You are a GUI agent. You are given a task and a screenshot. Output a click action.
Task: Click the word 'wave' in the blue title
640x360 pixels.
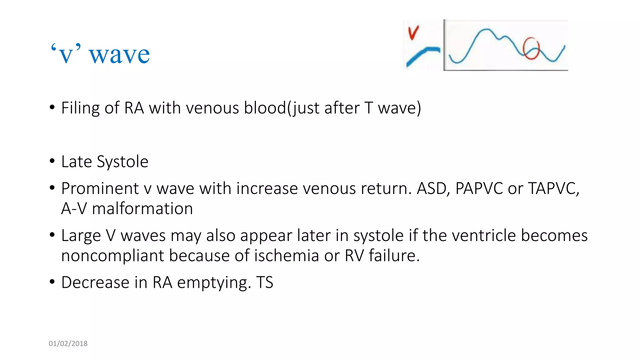pyautogui.click(x=119, y=55)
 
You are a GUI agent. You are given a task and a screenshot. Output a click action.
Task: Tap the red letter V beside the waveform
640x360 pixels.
pyautogui.click(x=413, y=33)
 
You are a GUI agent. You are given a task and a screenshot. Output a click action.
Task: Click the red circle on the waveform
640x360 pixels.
pyautogui.click(x=531, y=48)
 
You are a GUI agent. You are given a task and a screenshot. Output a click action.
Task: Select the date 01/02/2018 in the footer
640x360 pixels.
pyautogui.click(x=68, y=343)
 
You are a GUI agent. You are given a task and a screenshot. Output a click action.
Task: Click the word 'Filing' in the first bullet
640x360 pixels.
pyautogui.click(x=80, y=108)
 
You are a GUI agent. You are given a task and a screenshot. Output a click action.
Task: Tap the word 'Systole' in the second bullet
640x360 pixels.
pyautogui.click(x=122, y=162)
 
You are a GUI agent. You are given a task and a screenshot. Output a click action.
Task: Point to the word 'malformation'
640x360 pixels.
pyautogui.click(x=142, y=209)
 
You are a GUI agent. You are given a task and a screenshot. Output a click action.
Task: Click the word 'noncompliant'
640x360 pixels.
pyautogui.click(x=112, y=256)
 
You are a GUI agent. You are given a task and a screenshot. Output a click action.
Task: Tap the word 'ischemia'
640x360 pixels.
pyautogui.click(x=286, y=256)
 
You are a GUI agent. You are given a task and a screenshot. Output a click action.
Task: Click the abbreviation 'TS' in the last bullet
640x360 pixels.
pyautogui.click(x=265, y=282)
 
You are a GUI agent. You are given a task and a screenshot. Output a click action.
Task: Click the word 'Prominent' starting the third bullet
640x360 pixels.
pyautogui.click(x=100, y=189)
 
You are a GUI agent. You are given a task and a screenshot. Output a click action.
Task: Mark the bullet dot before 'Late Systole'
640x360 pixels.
pyautogui.click(x=52, y=162)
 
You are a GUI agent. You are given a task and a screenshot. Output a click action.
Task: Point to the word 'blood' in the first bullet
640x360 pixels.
pyautogui.click(x=265, y=108)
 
